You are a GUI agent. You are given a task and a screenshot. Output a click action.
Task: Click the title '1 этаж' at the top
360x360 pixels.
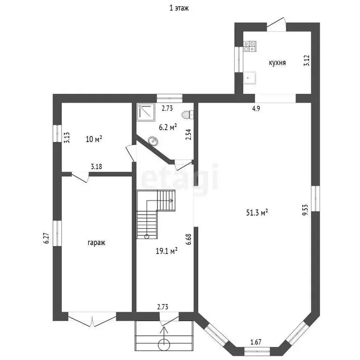point(180,8)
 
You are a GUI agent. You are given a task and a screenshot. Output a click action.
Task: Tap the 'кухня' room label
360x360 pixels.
point(277,63)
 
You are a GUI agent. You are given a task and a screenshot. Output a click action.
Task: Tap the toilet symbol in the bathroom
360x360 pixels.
point(188,114)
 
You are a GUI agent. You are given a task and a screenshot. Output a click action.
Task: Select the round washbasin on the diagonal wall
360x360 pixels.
point(153,140)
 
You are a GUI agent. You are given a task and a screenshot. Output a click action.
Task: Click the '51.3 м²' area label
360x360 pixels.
point(257,212)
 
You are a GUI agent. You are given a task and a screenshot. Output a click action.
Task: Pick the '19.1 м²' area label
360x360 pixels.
point(166,251)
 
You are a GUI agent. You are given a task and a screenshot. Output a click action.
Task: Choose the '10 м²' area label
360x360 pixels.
point(94,139)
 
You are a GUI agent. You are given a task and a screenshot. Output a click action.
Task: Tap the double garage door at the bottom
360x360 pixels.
point(92,320)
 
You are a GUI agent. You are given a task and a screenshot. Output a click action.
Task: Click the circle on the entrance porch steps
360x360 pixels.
point(164,344)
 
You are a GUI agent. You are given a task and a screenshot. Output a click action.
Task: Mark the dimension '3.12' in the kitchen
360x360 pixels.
point(307,61)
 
